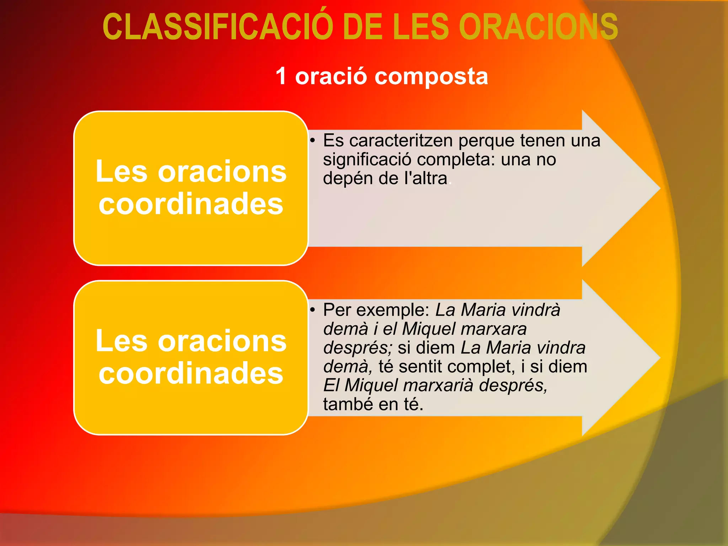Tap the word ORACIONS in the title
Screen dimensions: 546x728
coord(538,27)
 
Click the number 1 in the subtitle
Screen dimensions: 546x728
coord(281,76)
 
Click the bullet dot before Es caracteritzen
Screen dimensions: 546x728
coord(312,140)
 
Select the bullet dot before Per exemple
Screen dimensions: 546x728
coord(312,310)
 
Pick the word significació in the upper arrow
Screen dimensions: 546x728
coord(366,160)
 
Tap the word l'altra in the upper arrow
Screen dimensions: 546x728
coord(425,178)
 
